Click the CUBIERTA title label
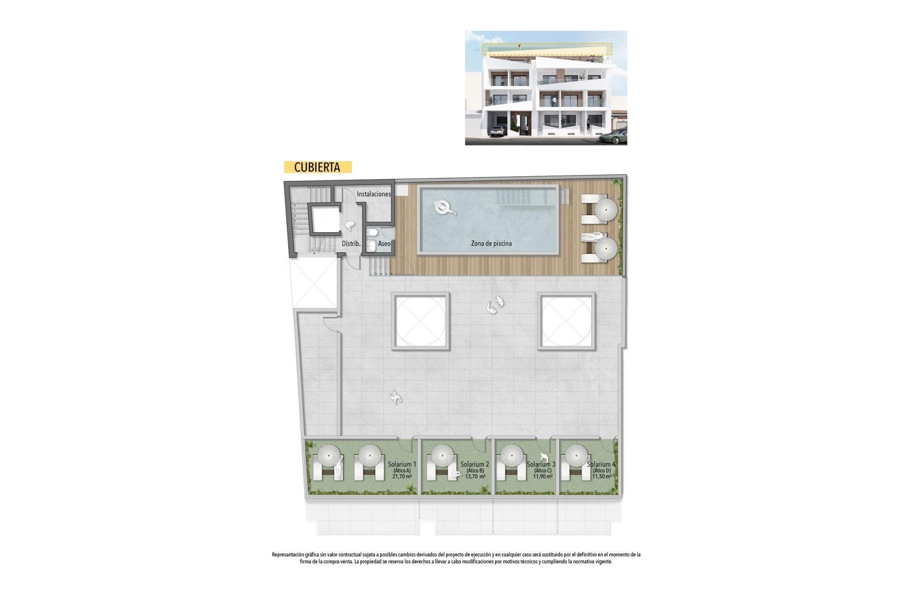tap(317, 167)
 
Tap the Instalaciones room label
tap(374, 194)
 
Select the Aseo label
tap(384, 244)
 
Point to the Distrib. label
tap(351, 244)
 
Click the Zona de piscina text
tap(491, 243)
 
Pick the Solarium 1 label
tap(402, 464)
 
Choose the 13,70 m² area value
tap(475, 476)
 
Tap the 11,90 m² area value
tap(543, 476)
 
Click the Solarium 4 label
tap(601, 464)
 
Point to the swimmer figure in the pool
tap(444, 207)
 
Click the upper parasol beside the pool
tap(606, 209)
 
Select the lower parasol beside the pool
tap(606, 248)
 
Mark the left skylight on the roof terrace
tap(420, 321)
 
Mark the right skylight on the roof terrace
tap(566, 321)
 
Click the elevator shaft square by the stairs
tap(325, 219)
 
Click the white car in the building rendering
tap(497, 131)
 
